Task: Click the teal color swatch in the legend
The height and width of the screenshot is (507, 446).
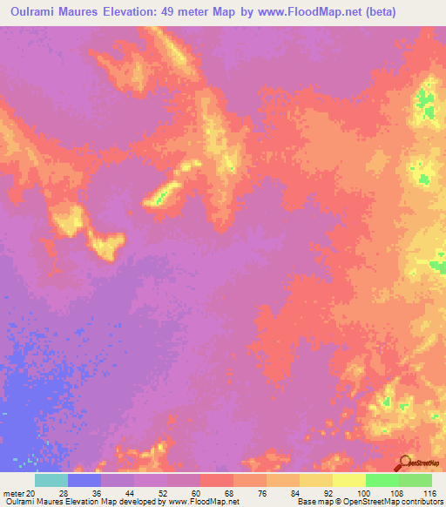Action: pyautogui.click(x=51, y=480)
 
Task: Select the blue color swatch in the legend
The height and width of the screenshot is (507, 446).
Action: pyautogui.click(x=84, y=480)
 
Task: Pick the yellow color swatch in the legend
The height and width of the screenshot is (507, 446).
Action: pyautogui.click(x=348, y=480)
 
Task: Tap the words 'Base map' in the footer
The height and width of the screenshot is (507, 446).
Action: pyautogui.click(x=314, y=502)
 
